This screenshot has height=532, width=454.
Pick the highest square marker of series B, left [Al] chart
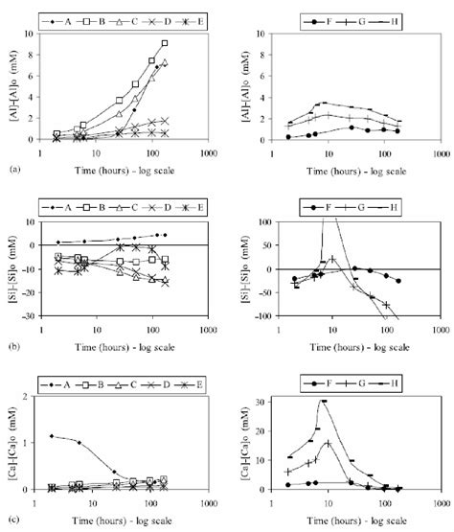click(165, 43)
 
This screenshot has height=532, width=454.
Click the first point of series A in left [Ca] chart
click(52, 436)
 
